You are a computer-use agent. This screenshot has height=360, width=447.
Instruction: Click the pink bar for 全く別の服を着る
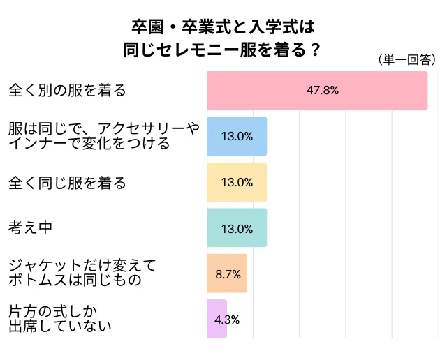pos(317,91)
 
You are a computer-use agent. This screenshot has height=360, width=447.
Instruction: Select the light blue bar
pos(237,136)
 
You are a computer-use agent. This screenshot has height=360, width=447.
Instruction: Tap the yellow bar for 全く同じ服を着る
pos(237,182)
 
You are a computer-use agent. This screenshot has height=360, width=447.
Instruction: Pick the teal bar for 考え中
pos(237,228)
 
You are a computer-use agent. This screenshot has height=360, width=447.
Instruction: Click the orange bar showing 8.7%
pos(227,273)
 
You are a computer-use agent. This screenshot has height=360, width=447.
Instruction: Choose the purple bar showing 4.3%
pos(217,320)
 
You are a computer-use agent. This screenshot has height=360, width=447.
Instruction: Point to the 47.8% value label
pos(323,91)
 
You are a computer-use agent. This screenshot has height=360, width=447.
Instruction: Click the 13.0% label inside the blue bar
pos(237,136)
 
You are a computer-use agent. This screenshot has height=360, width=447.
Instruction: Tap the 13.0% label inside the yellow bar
pos(237,182)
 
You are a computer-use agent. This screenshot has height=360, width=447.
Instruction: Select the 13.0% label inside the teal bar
pos(237,228)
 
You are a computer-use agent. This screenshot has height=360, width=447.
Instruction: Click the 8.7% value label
pos(228,273)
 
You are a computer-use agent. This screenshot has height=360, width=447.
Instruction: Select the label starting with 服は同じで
pos(103,136)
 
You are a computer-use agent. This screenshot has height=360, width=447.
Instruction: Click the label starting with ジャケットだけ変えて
pos(82,273)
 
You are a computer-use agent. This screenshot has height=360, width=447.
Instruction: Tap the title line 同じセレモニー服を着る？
pos(222,49)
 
